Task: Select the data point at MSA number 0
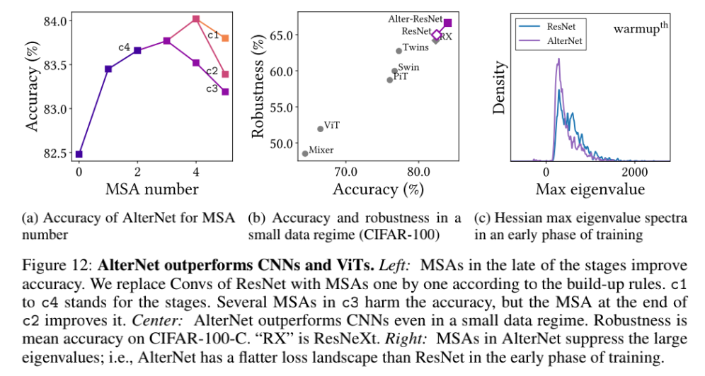79,154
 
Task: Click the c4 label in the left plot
123,47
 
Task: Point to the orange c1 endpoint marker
225,38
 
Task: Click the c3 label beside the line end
212,89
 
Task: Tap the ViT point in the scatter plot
321,129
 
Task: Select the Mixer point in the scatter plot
305,153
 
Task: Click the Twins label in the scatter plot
415,48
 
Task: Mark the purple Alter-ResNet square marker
447,23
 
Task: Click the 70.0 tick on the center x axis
345,172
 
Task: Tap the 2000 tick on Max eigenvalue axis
634,172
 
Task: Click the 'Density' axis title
500,88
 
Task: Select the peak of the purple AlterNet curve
558,59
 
